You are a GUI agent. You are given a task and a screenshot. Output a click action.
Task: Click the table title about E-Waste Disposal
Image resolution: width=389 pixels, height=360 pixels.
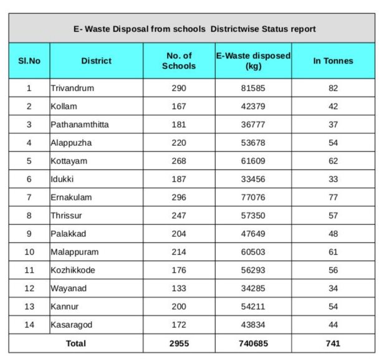[192, 29]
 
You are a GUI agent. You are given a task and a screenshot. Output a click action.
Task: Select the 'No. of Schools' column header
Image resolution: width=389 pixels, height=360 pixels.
[179, 61]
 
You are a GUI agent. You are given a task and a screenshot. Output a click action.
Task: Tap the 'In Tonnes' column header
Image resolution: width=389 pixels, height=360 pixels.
[333, 61]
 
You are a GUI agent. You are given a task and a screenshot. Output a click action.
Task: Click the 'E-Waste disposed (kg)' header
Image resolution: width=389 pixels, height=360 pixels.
[253, 61]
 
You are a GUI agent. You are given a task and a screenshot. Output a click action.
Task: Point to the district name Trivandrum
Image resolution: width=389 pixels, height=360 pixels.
[72, 88]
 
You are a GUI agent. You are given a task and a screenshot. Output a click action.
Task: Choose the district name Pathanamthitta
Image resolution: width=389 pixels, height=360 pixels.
[80, 125]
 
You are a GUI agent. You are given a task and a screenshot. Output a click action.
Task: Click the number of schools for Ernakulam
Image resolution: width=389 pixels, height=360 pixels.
[179, 197]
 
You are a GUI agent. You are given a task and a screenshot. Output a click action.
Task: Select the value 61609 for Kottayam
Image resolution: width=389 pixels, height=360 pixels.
[253, 161]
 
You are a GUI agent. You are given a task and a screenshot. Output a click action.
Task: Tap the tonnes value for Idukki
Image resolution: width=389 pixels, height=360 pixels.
[333, 179]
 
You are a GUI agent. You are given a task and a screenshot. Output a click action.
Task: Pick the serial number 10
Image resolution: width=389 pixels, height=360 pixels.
[29, 252]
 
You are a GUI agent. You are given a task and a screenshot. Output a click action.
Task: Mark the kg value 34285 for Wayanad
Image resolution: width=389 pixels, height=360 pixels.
[253, 288]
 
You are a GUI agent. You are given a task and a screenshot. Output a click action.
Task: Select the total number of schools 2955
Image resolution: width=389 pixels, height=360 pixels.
[179, 343]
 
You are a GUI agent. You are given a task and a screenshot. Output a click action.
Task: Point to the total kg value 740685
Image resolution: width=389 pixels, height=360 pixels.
[253, 343]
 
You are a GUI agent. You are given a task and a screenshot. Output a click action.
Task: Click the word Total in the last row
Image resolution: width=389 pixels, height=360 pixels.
[75, 343]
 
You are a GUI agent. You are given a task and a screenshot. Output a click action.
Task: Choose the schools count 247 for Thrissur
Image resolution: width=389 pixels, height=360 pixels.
[179, 216]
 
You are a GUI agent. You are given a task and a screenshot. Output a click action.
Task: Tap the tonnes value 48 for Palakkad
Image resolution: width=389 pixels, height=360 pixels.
[333, 234]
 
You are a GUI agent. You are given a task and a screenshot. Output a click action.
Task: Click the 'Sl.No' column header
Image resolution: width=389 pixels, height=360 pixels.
[29, 61]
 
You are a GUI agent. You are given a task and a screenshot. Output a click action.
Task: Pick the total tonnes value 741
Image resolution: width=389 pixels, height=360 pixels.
[333, 343]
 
